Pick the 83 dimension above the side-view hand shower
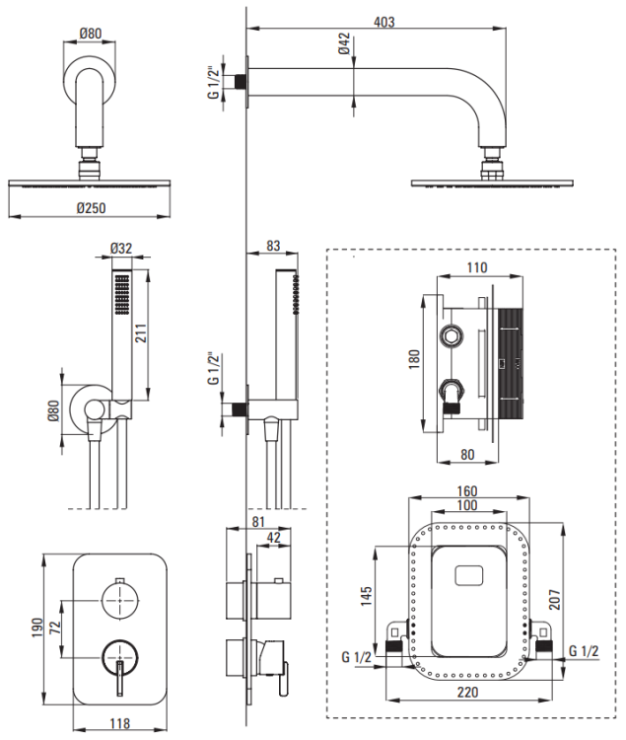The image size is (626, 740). click(273, 247)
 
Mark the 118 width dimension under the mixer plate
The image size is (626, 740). click(120, 723)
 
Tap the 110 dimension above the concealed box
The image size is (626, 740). click(476, 267)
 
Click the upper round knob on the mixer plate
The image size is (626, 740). click(120, 598)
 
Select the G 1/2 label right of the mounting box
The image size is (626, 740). click(586, 650)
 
